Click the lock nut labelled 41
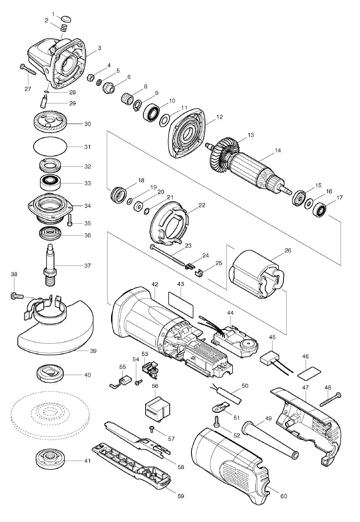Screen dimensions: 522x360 [x=49, y=460]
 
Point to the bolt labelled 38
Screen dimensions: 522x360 [x=16, y=296]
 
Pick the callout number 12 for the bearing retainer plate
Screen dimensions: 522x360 [x=219, y=117]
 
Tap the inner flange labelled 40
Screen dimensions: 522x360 [x=49, y=374]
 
